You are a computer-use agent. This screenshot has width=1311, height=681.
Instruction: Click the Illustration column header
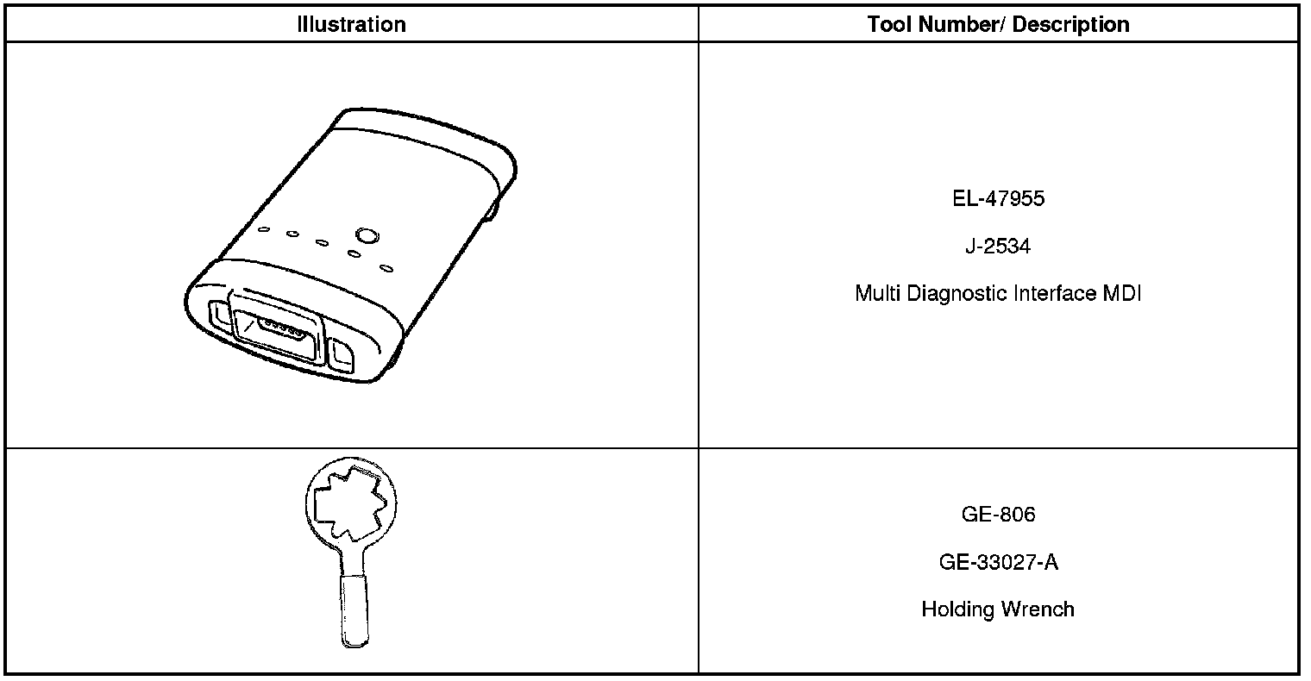[x=351, y=24]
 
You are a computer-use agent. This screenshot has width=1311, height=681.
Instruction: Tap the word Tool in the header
[x=889, y=24]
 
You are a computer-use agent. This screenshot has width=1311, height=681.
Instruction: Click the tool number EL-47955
[x=998, y=199]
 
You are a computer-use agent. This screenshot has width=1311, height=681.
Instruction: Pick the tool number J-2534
[x=998, y=247]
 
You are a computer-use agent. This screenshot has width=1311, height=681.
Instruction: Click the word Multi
[x=875, y=294]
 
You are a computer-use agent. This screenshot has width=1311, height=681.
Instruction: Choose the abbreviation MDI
[x=1122, y=294]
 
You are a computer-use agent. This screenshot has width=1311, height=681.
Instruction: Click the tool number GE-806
[x=998, y=515]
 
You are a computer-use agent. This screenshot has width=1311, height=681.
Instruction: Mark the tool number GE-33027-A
[x=998, y=563]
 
